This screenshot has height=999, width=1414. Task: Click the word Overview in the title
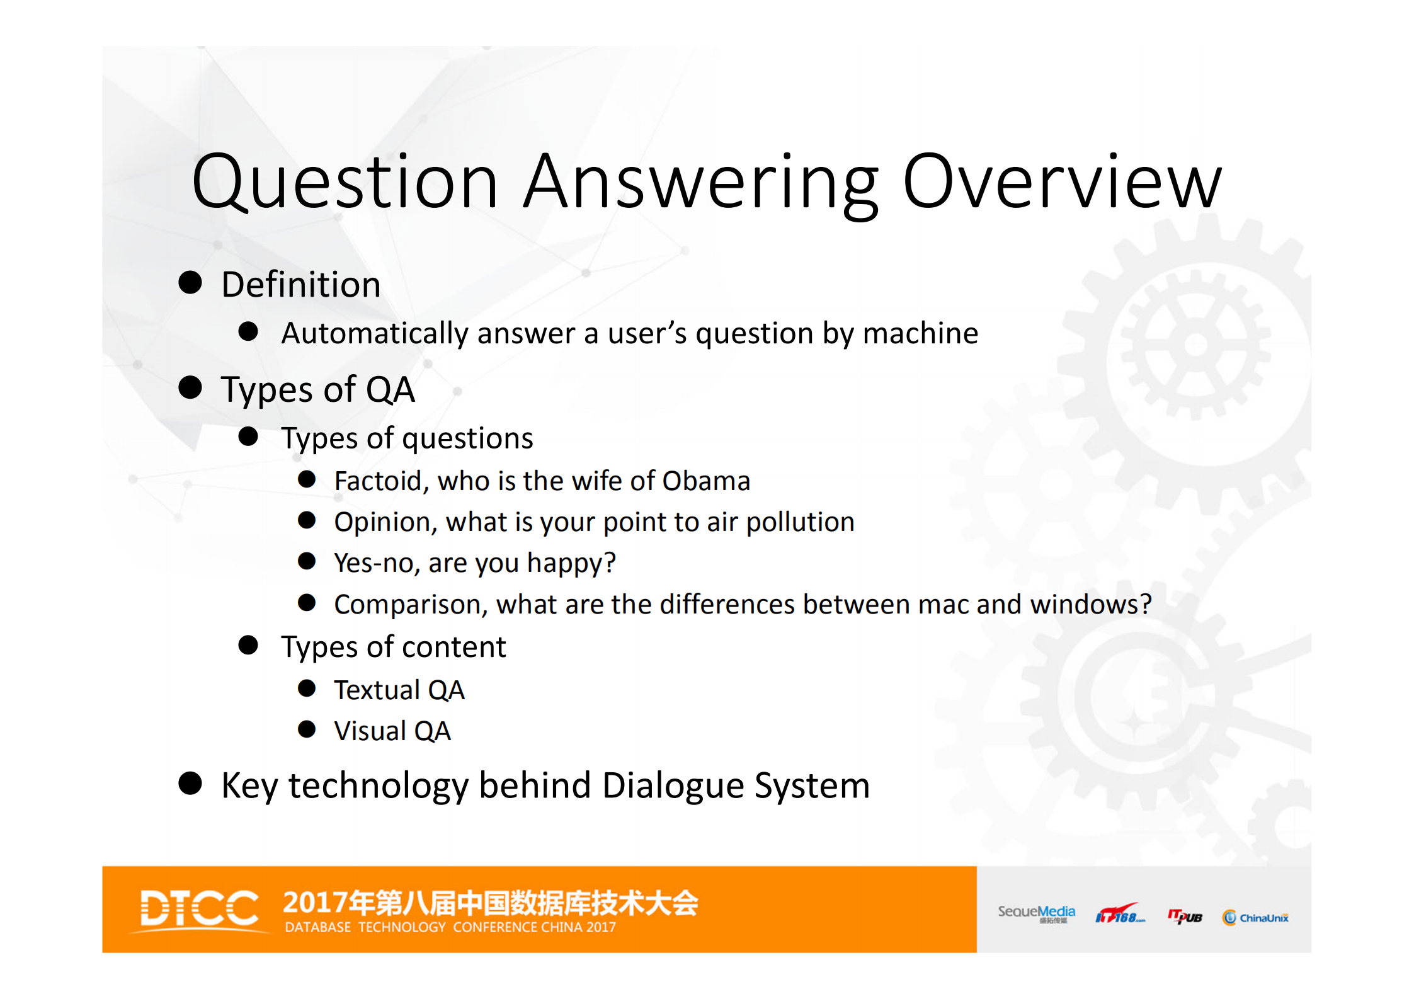pyautogui.click(x=1062, y=183)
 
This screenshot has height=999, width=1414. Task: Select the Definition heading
pyautogui.click(x=301, y=285)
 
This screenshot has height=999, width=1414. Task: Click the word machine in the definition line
pyautogui.click(x=920, y=333)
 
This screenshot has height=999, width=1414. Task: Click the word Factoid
pyautogui.click(x=381, y=481)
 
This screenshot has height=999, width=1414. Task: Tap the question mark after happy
pyautogui.click(x=609, y=562)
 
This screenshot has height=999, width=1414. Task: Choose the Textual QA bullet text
pyautogui.click(x=399, y=690)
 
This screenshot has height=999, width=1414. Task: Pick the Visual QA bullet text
pyautogui.click(x=392, y=731)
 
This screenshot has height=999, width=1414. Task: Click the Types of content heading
pyautogui.click(x=393, y=647)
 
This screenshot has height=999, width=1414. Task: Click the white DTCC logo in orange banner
pyautogui.click(x=199, y=909)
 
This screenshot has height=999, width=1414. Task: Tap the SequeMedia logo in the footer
pyautogui.click(x=1036, y=913)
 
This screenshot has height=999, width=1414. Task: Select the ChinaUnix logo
pyautogui.click(x=1255, y=918)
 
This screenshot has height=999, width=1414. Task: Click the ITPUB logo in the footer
pyautogui.click(x=1185, y=916)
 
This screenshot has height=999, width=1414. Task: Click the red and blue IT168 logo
pyautogui.click(x=1119, y=915)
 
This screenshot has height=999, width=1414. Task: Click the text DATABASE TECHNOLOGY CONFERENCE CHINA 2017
pyautogui.click(x=450, y=927)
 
